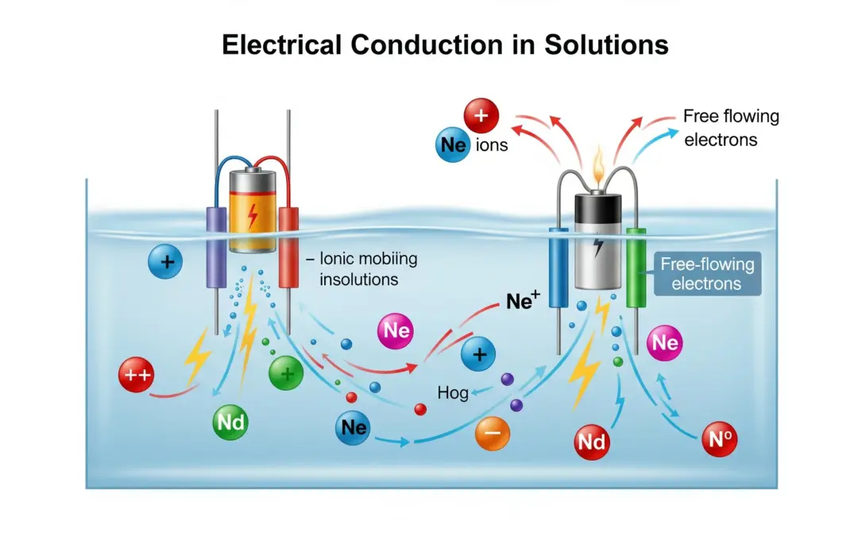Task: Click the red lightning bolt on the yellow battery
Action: click(253, 214)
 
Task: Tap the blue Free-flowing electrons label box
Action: click(707, 273)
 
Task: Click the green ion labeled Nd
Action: click(230, 422)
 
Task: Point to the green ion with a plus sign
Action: click(286, 372)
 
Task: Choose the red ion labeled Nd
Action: click(592, 442)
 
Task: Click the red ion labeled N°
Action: click(719, 438)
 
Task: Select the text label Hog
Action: click(453, 392)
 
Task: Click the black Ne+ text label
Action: click(523, 301)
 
